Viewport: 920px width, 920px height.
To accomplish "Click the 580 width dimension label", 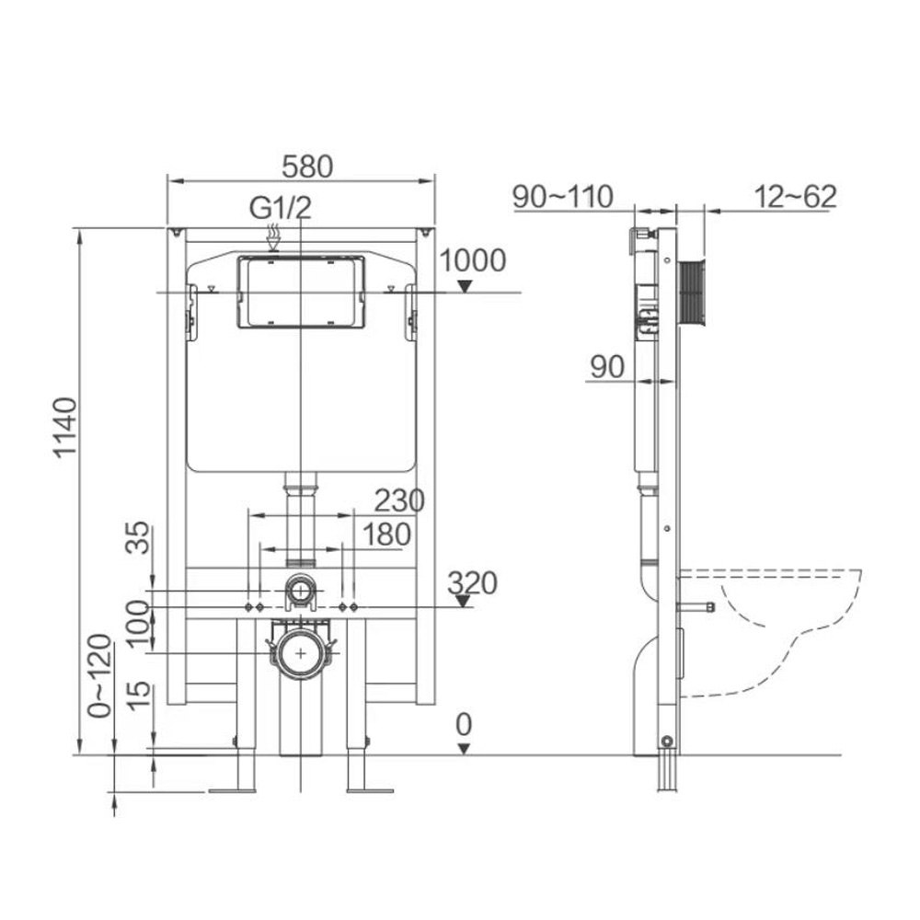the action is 307,167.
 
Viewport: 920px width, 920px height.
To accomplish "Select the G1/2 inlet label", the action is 281,208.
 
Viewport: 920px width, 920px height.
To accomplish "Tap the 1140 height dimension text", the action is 65,427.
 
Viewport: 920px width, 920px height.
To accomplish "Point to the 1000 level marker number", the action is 472,260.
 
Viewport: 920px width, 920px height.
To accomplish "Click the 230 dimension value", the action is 399,501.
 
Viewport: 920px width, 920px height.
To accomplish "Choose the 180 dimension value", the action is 386,535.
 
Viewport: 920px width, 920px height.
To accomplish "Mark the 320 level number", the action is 472,583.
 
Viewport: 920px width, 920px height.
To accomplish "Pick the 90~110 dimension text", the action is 563,197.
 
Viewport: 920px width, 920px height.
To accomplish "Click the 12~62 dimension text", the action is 795,197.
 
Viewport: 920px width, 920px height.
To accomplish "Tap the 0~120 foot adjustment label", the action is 99,676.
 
